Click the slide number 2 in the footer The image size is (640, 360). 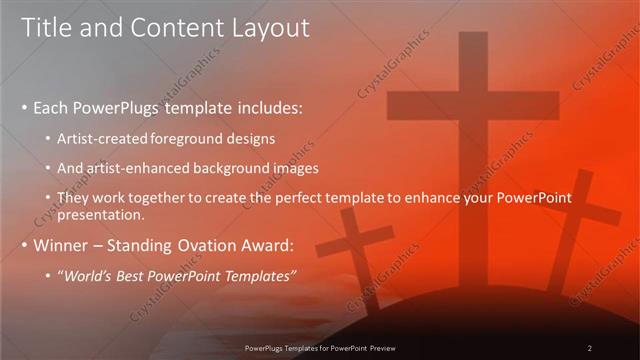tap(590, 347)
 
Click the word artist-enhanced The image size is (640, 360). tap(138, 167)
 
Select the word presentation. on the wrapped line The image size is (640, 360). tap(102, 214)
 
